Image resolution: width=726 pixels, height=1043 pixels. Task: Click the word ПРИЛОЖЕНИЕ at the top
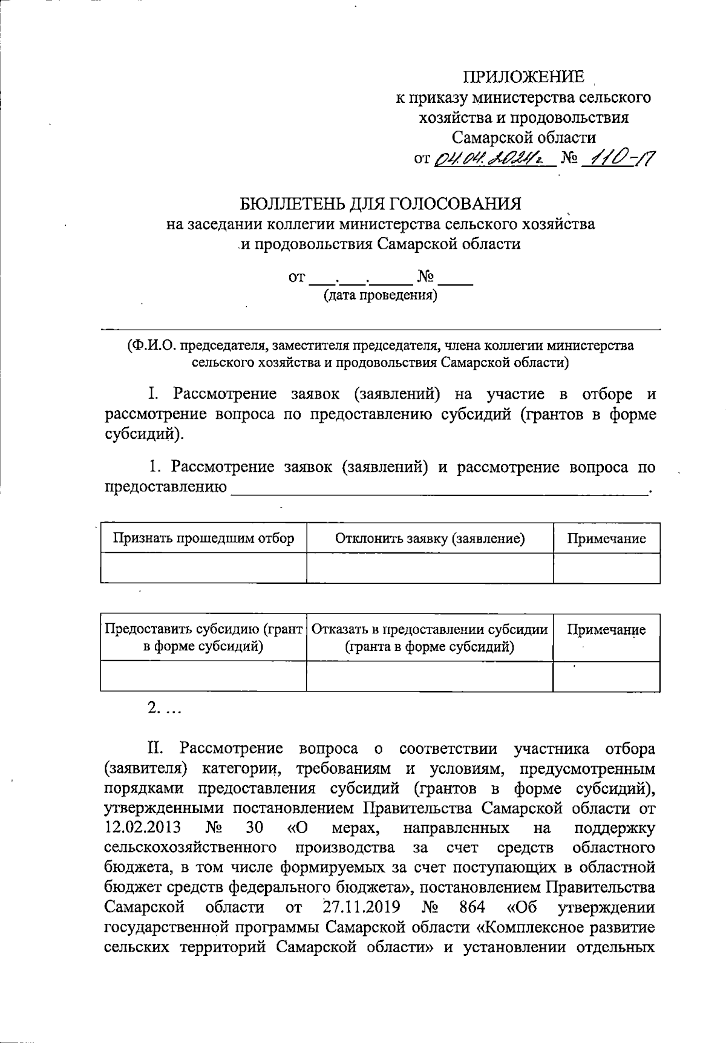pyautogui.click(x=524, y=77)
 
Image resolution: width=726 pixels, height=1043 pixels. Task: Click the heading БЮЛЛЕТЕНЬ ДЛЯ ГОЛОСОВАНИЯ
pyautogui.click(x=381, y=203)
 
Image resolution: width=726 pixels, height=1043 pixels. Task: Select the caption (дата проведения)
pyautogui.click(x=380, y=296)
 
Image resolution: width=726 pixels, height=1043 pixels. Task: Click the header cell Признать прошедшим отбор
pyautogui.click(x=204, y=538)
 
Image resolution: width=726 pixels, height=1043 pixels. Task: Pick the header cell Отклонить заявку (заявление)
pyautogui.click(x=430, y=538)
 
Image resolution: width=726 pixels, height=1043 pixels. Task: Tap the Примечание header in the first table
pyautogui.click(x=606, y=538)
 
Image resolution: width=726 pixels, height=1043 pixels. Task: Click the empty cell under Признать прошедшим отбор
pyautogui.click(x=204, y=568)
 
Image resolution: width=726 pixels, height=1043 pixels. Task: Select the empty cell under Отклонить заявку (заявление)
pyautogui.click(x=430, y=568)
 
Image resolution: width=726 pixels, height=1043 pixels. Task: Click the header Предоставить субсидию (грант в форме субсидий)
pyautogui.click(x=204, y=638)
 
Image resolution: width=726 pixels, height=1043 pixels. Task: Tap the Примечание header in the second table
pyautogui.click(x=606, y=630)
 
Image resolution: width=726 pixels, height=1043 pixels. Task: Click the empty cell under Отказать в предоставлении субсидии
pyautogui.click(x=430, y=676)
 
